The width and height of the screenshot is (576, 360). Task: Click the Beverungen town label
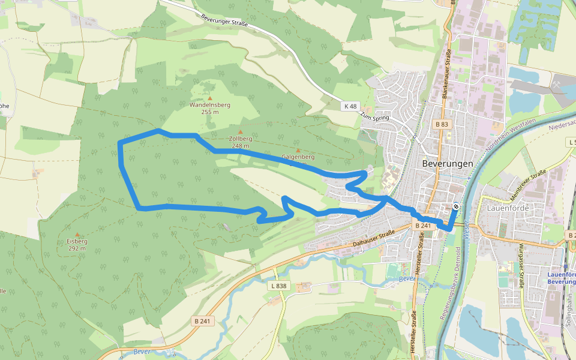tap(448, 163)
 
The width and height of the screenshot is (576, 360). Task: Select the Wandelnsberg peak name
tap(210, 104)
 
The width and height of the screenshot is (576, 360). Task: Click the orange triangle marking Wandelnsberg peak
tap(210, 97)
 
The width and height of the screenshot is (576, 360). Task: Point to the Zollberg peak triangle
tap(241, 132)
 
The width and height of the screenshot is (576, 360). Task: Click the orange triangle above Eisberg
tap(77, 235)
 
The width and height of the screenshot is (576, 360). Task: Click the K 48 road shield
tap(351, 106)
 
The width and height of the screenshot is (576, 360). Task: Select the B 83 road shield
tap(442, 124)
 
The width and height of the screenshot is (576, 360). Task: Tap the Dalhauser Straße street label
tap(373, 237)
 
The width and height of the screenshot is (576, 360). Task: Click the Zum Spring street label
tap(375, 118)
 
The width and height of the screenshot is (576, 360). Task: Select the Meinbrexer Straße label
tap(528, 180)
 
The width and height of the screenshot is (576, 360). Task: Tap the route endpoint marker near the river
tap(456, 206)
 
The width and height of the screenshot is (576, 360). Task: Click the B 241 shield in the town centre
tap(424, 226)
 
